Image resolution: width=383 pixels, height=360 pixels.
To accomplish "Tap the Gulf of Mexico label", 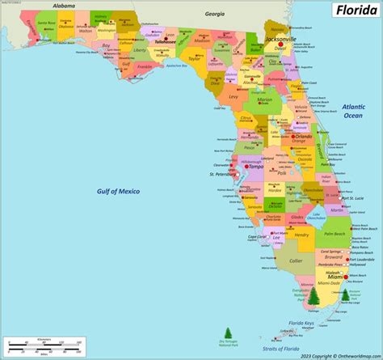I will click(x=129, y=191).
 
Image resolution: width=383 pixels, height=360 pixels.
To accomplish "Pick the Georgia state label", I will click(x=215, y=14).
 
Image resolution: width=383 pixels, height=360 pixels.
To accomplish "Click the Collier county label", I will click(x=297, y=261).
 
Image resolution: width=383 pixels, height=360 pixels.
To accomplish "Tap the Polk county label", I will click(x=283, y=172).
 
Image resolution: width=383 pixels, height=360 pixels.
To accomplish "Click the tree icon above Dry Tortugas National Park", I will click(x=228, y=332).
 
